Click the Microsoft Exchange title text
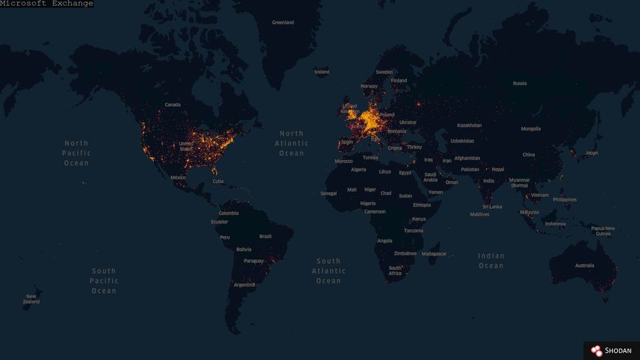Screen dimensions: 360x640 47,4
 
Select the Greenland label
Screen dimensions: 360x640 283,23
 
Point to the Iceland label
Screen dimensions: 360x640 322,72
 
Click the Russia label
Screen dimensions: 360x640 520,83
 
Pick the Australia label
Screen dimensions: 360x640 584,266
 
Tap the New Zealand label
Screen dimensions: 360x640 31,299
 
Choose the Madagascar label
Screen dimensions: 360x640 434,254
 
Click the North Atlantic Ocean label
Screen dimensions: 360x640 291,143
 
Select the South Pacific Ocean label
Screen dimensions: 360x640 104,281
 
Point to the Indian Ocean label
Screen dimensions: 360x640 491,261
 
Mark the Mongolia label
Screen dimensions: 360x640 531,129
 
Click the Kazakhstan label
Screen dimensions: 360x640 469,125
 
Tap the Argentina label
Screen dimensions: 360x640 244,285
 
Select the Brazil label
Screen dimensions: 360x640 265,236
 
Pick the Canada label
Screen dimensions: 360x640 173,105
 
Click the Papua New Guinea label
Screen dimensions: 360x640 603,231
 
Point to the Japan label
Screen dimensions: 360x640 591,153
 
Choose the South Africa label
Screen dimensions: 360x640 395,271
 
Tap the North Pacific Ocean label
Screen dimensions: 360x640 77,153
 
